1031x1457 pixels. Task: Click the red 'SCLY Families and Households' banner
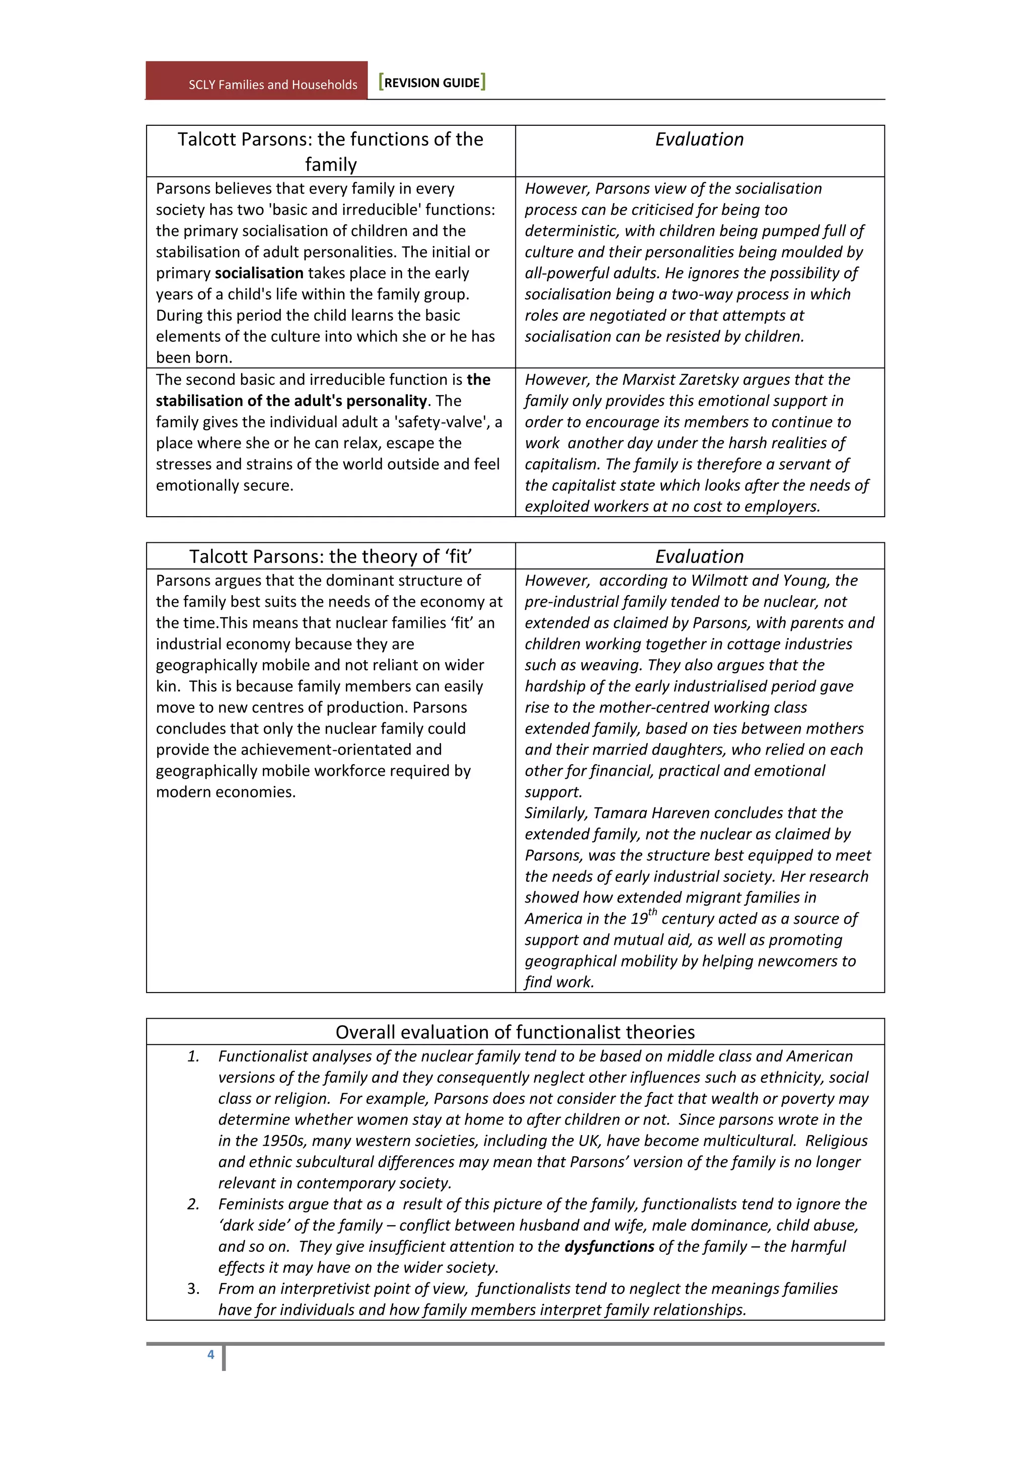[x=256, y=81]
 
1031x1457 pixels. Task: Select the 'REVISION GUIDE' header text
[x=432, y=83]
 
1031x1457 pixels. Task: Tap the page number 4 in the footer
[x=211, y=1354]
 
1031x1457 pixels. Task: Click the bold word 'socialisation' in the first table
[x=259, y=273]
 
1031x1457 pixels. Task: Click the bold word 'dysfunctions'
[x=609, y=1246]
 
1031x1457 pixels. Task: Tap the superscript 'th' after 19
[x=652, y=912]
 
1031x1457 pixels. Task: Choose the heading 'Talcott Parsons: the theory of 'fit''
[x=330, y=556]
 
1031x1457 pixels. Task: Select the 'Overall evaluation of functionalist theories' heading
[x=515, y=1032]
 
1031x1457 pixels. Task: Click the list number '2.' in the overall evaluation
[x=194, y=1204]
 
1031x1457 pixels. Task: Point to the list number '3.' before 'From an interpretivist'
[x=194, y=1288]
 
